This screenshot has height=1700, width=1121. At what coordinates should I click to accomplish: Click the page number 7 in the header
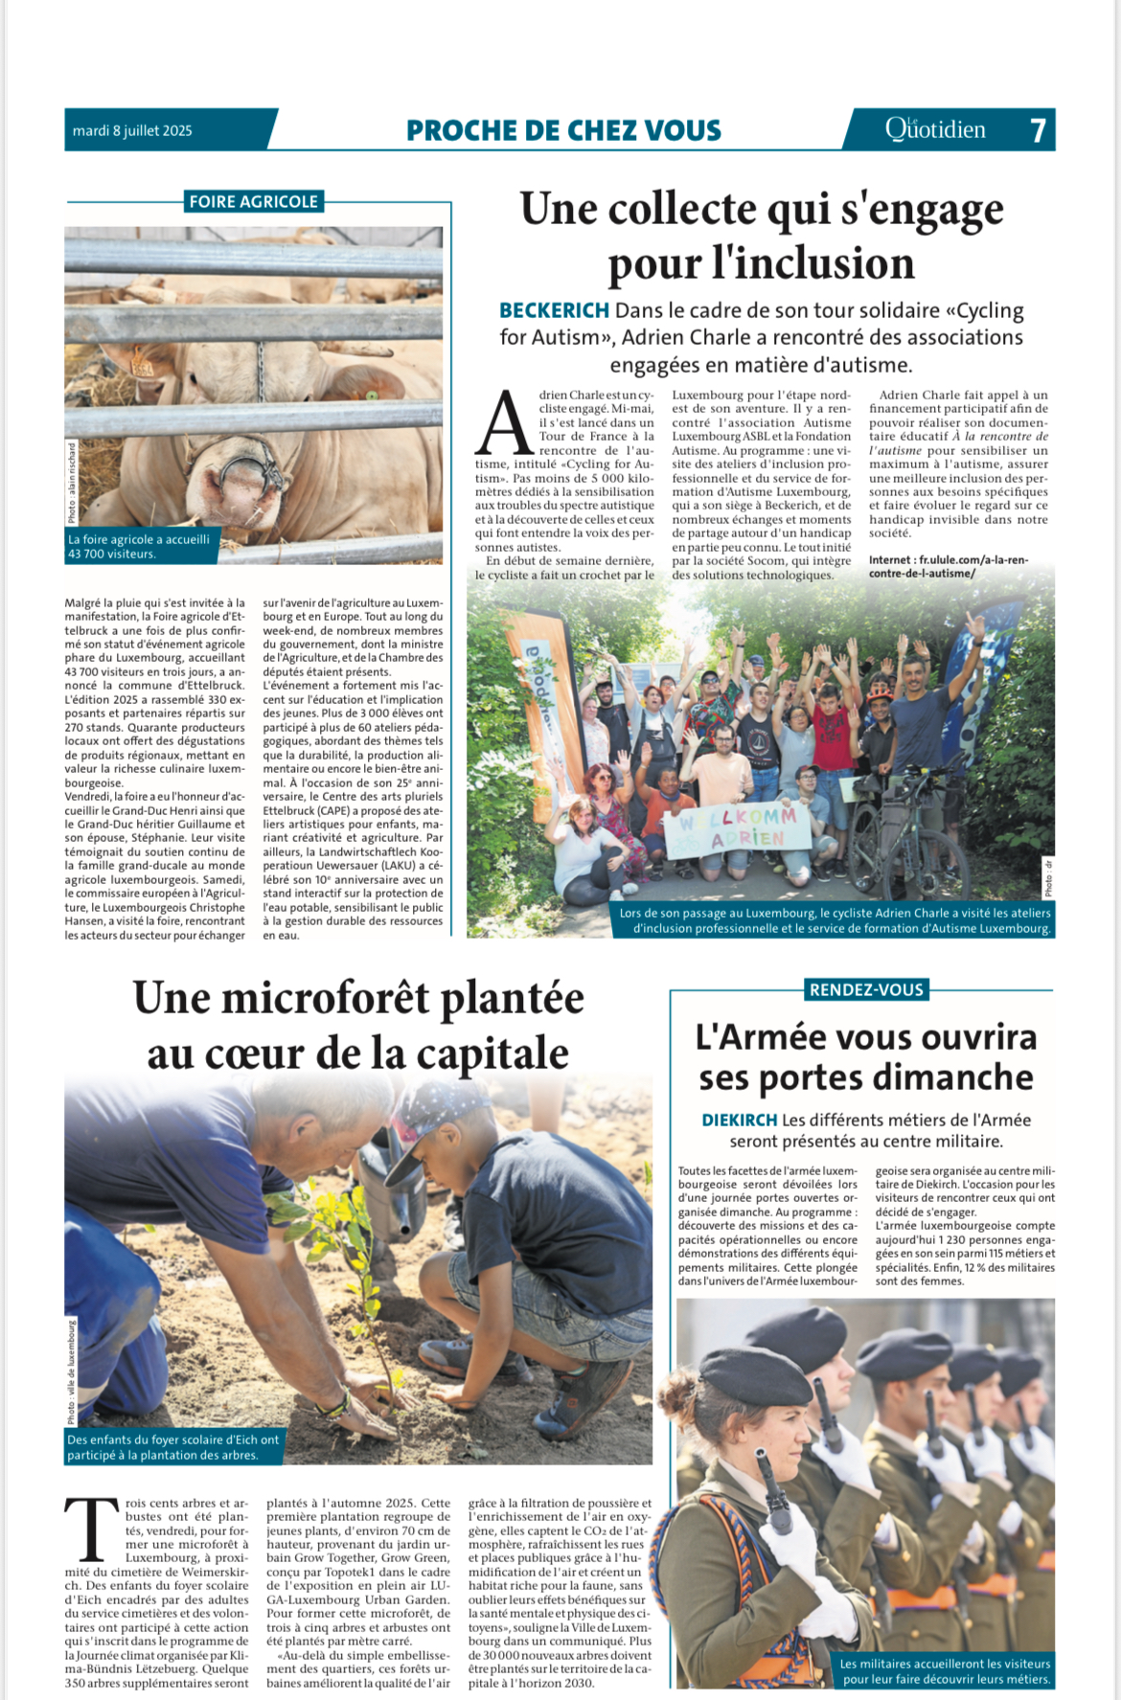(x=1038, y=130)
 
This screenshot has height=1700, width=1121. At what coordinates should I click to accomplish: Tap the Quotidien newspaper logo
(x=935, y=129)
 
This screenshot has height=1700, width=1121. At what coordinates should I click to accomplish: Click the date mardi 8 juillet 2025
(x=132, y=131)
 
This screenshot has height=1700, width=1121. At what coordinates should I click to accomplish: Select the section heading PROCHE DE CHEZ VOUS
(x=563, y=130)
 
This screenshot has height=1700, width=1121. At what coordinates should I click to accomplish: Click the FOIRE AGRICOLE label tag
(x=253, y=201)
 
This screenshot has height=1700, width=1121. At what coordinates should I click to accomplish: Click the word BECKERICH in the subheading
(x=554, y=310)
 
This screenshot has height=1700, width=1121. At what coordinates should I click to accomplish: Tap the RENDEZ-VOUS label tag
(x=866, y=989)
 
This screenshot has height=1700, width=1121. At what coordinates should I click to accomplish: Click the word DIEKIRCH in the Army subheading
(x=739, y=1120)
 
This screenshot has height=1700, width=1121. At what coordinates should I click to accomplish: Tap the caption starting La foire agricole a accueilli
(x=140, y=546)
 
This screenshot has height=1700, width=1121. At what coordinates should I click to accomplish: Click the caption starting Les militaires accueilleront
(x=945, y=1671)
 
